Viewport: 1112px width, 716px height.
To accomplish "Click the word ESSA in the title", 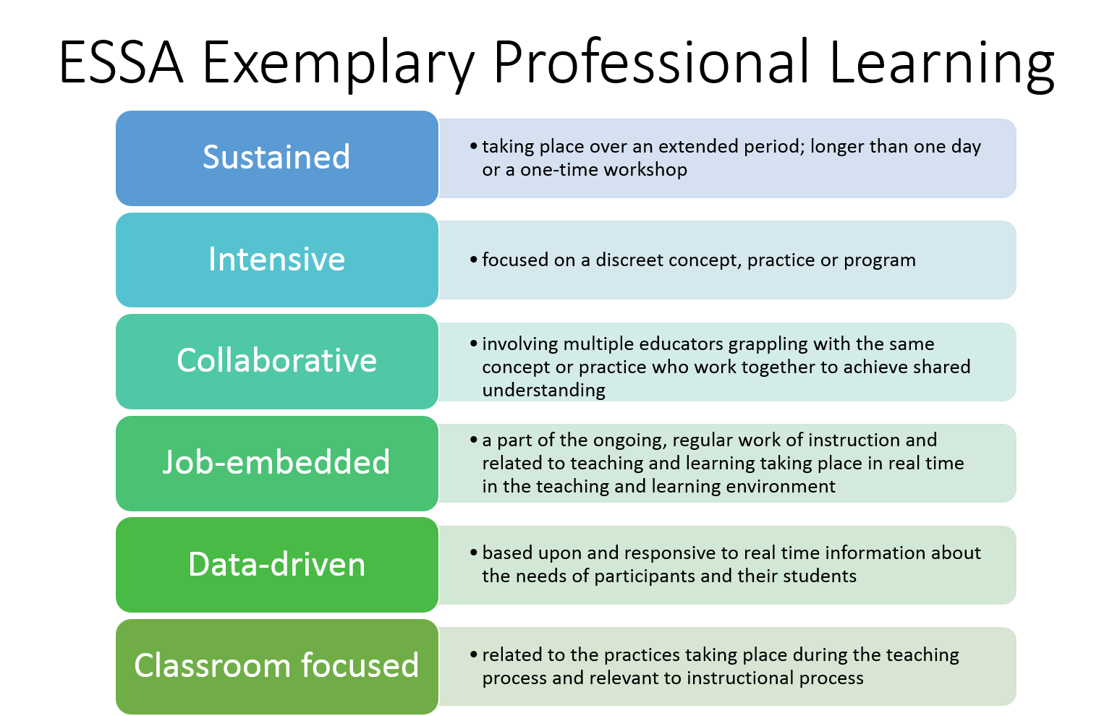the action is click(121, 62).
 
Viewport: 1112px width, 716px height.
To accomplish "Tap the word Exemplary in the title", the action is click(338, 65).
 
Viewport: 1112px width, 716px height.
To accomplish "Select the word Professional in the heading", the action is click(651, 62).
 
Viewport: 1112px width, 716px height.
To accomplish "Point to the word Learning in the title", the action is click(941, 65).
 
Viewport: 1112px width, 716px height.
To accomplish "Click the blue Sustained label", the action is click(276, 157).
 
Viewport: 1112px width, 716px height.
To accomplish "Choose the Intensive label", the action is click(276, 260).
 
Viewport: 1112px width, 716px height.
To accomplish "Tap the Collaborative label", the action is click(276, 361).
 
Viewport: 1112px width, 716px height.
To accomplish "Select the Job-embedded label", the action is click(276, 462).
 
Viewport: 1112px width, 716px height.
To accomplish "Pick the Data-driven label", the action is click(276, 564).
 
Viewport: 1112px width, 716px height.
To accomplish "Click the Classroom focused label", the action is click(276, 666).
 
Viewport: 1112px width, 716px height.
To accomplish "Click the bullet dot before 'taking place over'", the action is click(473, 146).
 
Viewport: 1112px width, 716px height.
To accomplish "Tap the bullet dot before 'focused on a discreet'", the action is click(473, 260).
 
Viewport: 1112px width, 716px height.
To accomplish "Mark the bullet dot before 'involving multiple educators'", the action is click(473, 344).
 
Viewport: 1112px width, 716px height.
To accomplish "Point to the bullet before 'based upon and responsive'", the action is click(473, 553).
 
